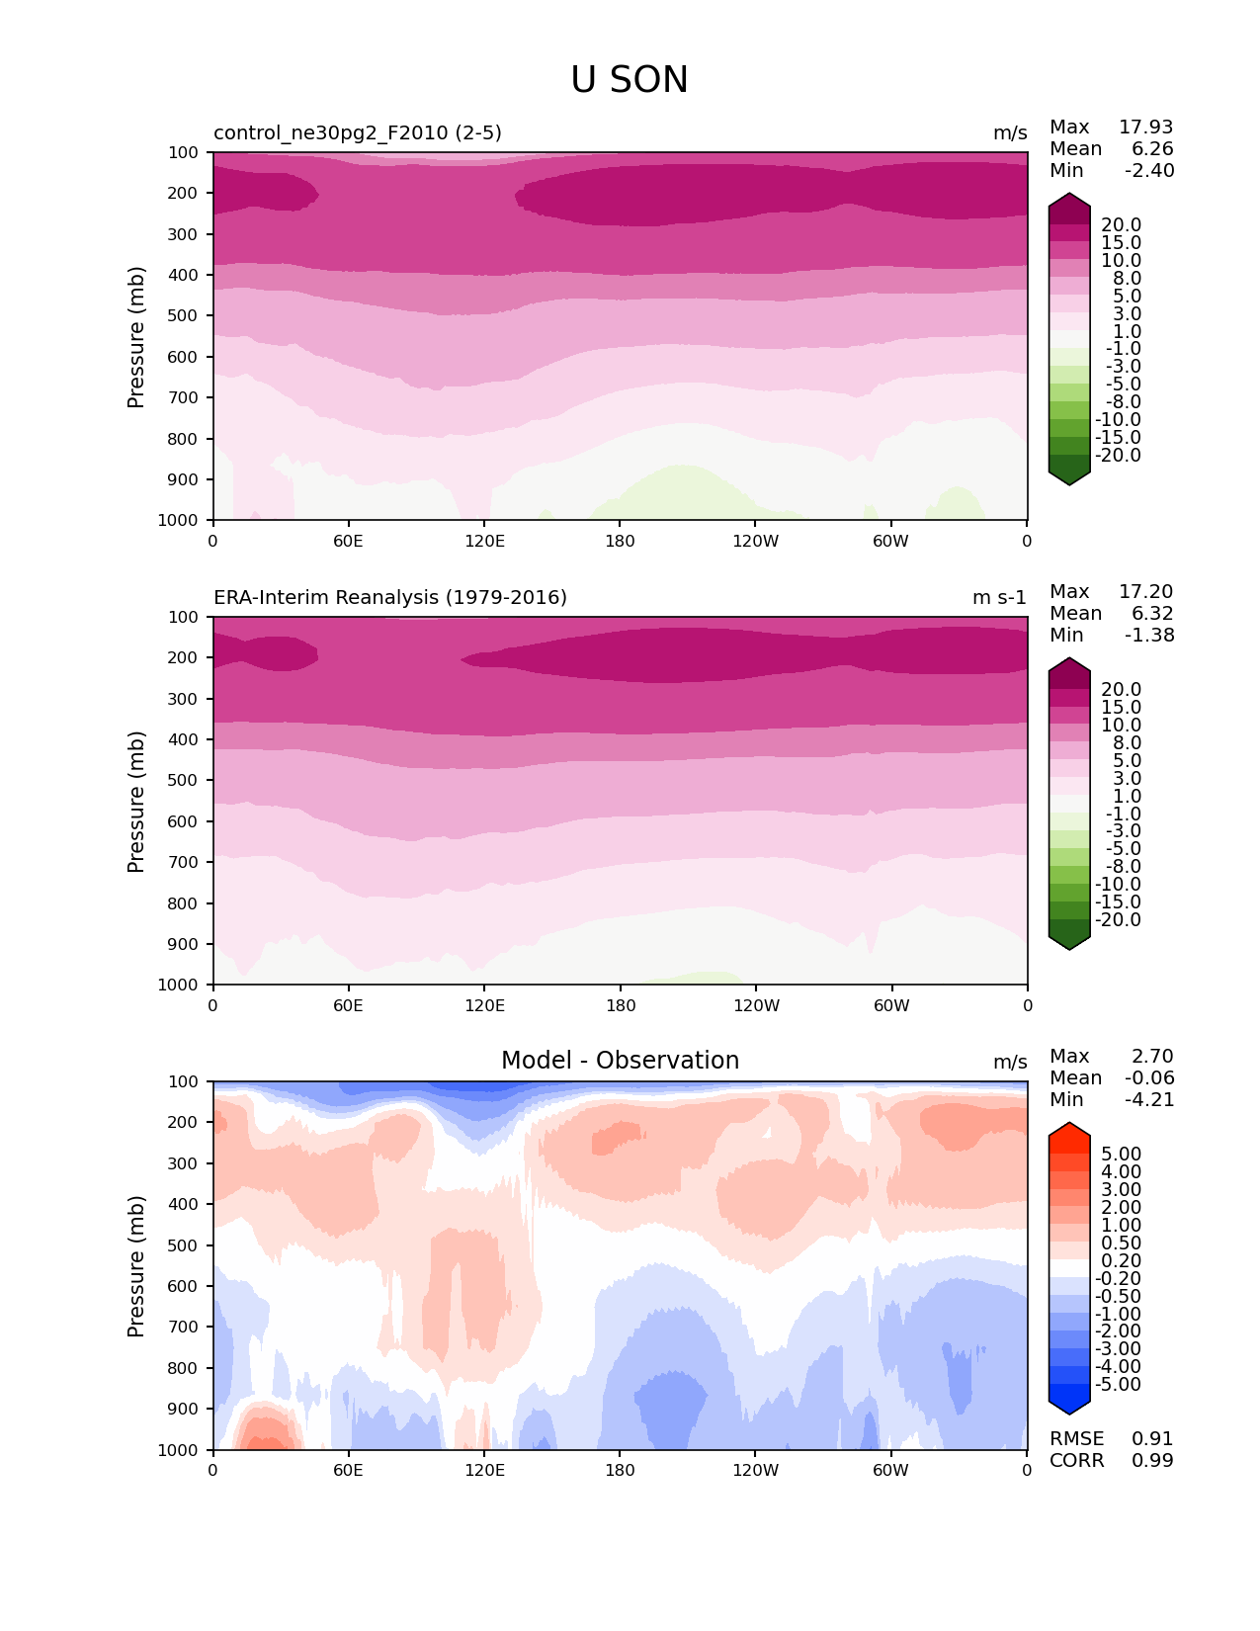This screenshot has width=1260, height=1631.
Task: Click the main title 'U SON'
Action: click(630, 80)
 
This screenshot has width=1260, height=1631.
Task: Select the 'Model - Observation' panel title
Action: click(620, 1061)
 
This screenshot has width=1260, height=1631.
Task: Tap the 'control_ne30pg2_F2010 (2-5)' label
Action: click(358, 133)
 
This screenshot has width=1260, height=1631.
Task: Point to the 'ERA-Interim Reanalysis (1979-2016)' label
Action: click(390, 598)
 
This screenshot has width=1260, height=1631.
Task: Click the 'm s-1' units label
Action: click(999, 598)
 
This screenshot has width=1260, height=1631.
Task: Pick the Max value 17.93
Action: click(1145, 128)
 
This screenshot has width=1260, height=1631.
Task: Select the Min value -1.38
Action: click(1149, 636)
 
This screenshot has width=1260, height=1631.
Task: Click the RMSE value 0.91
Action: click(1152, 1439)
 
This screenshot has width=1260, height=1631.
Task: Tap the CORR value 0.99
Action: click(1152, 1461)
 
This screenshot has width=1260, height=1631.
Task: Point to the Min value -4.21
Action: click(1149, 1100)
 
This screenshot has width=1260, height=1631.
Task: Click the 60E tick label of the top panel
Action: click(348, 541)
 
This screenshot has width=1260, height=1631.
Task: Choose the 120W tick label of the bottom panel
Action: click(756, 1470)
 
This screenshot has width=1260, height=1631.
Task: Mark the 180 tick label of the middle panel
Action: click(620, 1005)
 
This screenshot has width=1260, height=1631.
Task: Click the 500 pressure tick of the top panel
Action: click(185, 316)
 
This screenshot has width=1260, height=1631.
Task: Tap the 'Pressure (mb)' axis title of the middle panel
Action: click(136, 802)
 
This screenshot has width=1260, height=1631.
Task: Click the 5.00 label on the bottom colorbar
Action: click(1121, 1155)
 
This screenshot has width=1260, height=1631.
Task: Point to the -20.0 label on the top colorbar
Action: click(1118, 456)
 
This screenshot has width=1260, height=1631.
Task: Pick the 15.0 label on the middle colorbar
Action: click(1121, 708)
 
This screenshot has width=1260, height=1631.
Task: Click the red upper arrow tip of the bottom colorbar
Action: click(1069, 1129)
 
